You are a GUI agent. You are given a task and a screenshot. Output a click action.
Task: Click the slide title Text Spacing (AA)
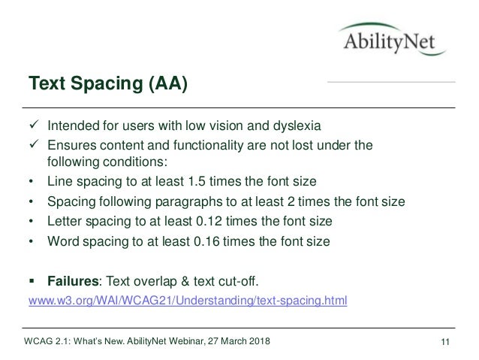pos(108,82)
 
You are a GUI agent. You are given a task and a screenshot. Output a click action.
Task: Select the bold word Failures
pos(74,281)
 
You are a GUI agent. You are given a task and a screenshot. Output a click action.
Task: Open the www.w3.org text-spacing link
pos(187,301)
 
